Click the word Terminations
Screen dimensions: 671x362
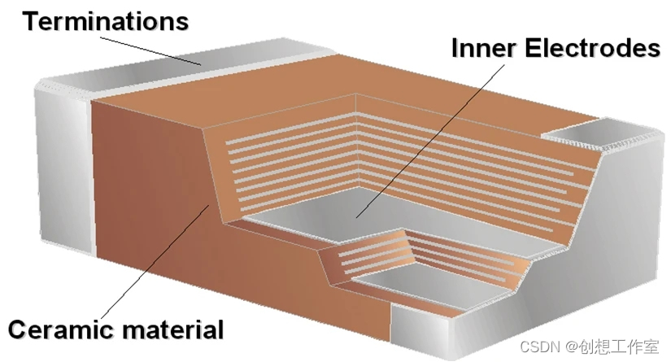105,21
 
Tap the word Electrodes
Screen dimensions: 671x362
592,49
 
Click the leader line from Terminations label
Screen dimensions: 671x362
155,48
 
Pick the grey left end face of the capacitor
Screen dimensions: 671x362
61,163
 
